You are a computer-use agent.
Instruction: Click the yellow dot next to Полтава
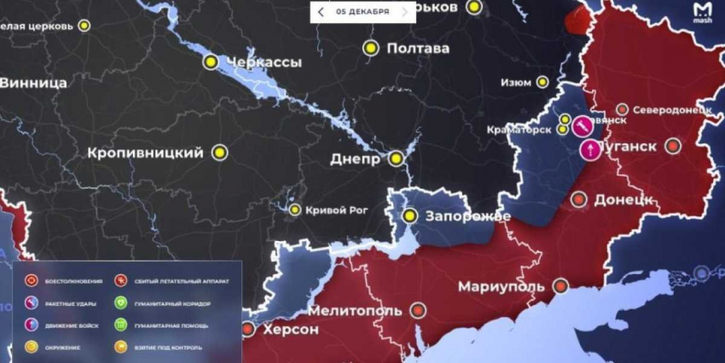370,48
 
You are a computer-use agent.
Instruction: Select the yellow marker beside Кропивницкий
219,153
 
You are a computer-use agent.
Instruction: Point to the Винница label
34,83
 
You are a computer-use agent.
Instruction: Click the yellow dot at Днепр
396,158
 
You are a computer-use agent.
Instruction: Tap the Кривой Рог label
339,210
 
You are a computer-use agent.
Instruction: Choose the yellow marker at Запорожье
410,215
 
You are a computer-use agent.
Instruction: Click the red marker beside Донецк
579,200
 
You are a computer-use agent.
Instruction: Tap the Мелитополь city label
355,310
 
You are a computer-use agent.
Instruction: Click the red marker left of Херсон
247,329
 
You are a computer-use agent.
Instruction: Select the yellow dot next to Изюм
542,82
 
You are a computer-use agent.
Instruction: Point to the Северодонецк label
674,110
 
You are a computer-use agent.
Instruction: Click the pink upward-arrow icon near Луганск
590,150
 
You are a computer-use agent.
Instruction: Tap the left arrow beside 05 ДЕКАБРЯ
321,12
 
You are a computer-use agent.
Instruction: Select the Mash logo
702,12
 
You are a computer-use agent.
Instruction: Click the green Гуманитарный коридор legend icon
121,302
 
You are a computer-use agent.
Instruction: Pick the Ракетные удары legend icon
30,302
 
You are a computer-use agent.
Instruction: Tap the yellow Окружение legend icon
30,346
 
